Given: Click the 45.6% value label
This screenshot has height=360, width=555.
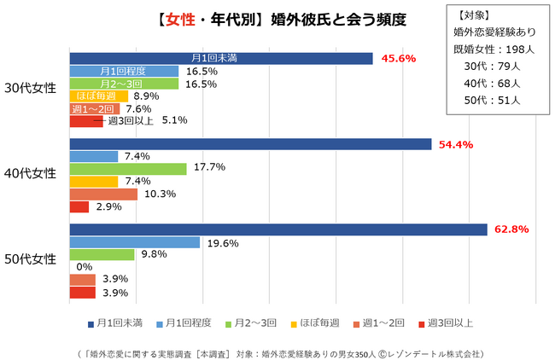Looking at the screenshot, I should [x=398, y=59].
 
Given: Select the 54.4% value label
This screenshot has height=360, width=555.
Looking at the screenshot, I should [x=455, y=144].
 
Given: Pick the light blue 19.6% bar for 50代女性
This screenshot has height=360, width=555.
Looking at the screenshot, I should [x=134, y=242].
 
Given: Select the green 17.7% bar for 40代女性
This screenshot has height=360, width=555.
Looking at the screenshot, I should [x=127, y=169].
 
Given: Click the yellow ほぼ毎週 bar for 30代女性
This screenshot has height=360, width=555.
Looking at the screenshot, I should [x=98, y=96].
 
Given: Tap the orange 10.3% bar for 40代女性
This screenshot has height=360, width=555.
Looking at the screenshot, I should [x=102, y=194].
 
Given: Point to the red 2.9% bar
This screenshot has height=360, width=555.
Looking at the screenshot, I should [x=79, y=206].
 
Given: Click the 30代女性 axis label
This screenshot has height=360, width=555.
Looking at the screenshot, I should [x=31, y=88].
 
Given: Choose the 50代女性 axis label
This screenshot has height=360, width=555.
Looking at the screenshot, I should [x=31, y=258].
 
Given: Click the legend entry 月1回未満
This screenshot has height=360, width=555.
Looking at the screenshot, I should [x=114, y=322].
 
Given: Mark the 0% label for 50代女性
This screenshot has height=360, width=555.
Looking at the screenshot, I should [x=85, y=267].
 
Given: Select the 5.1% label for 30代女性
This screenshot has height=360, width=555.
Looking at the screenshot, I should [x=174, y=120].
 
